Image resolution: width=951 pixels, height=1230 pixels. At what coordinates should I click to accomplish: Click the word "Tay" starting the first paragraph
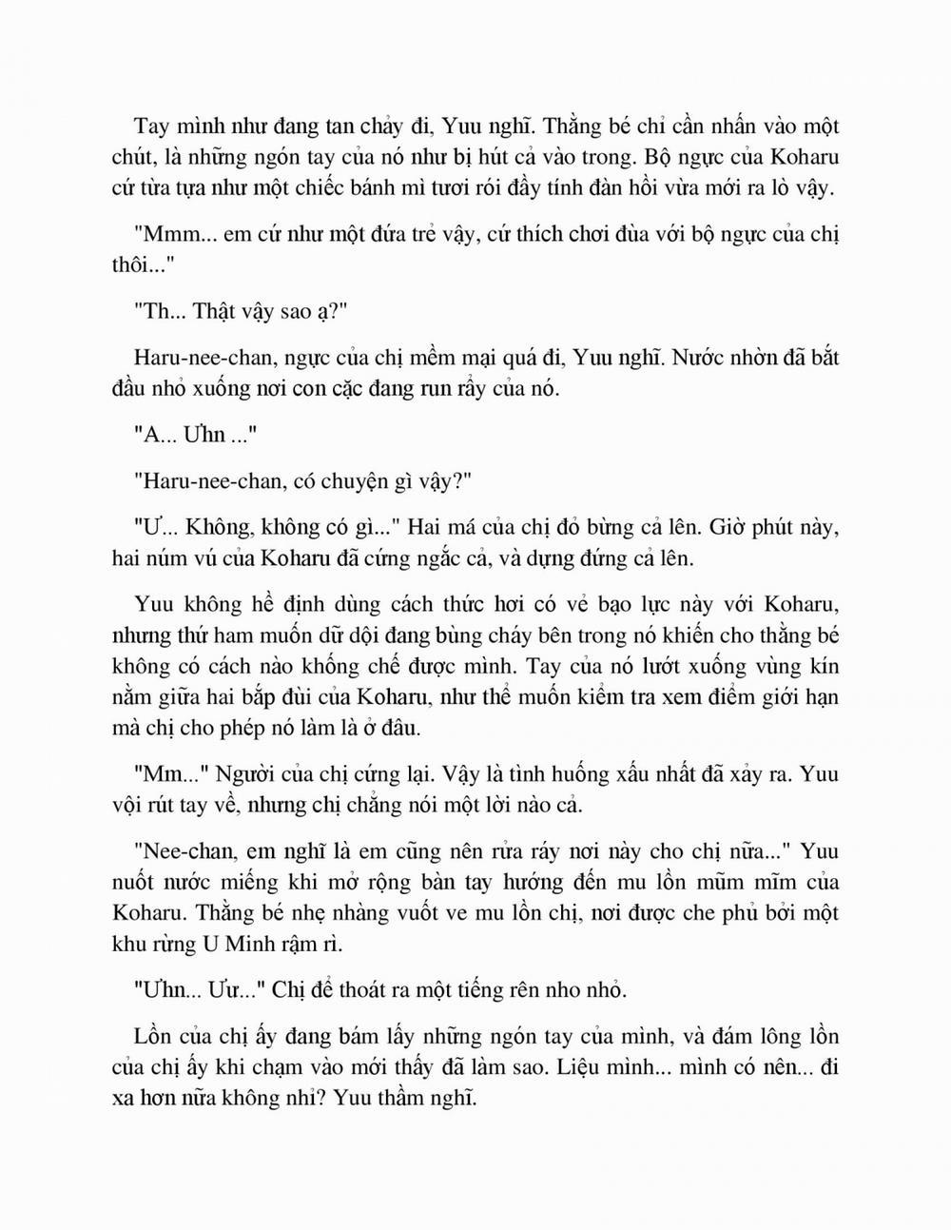pos(153,127)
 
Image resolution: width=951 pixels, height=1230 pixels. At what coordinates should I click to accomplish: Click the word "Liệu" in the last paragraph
pos(597,1066)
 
